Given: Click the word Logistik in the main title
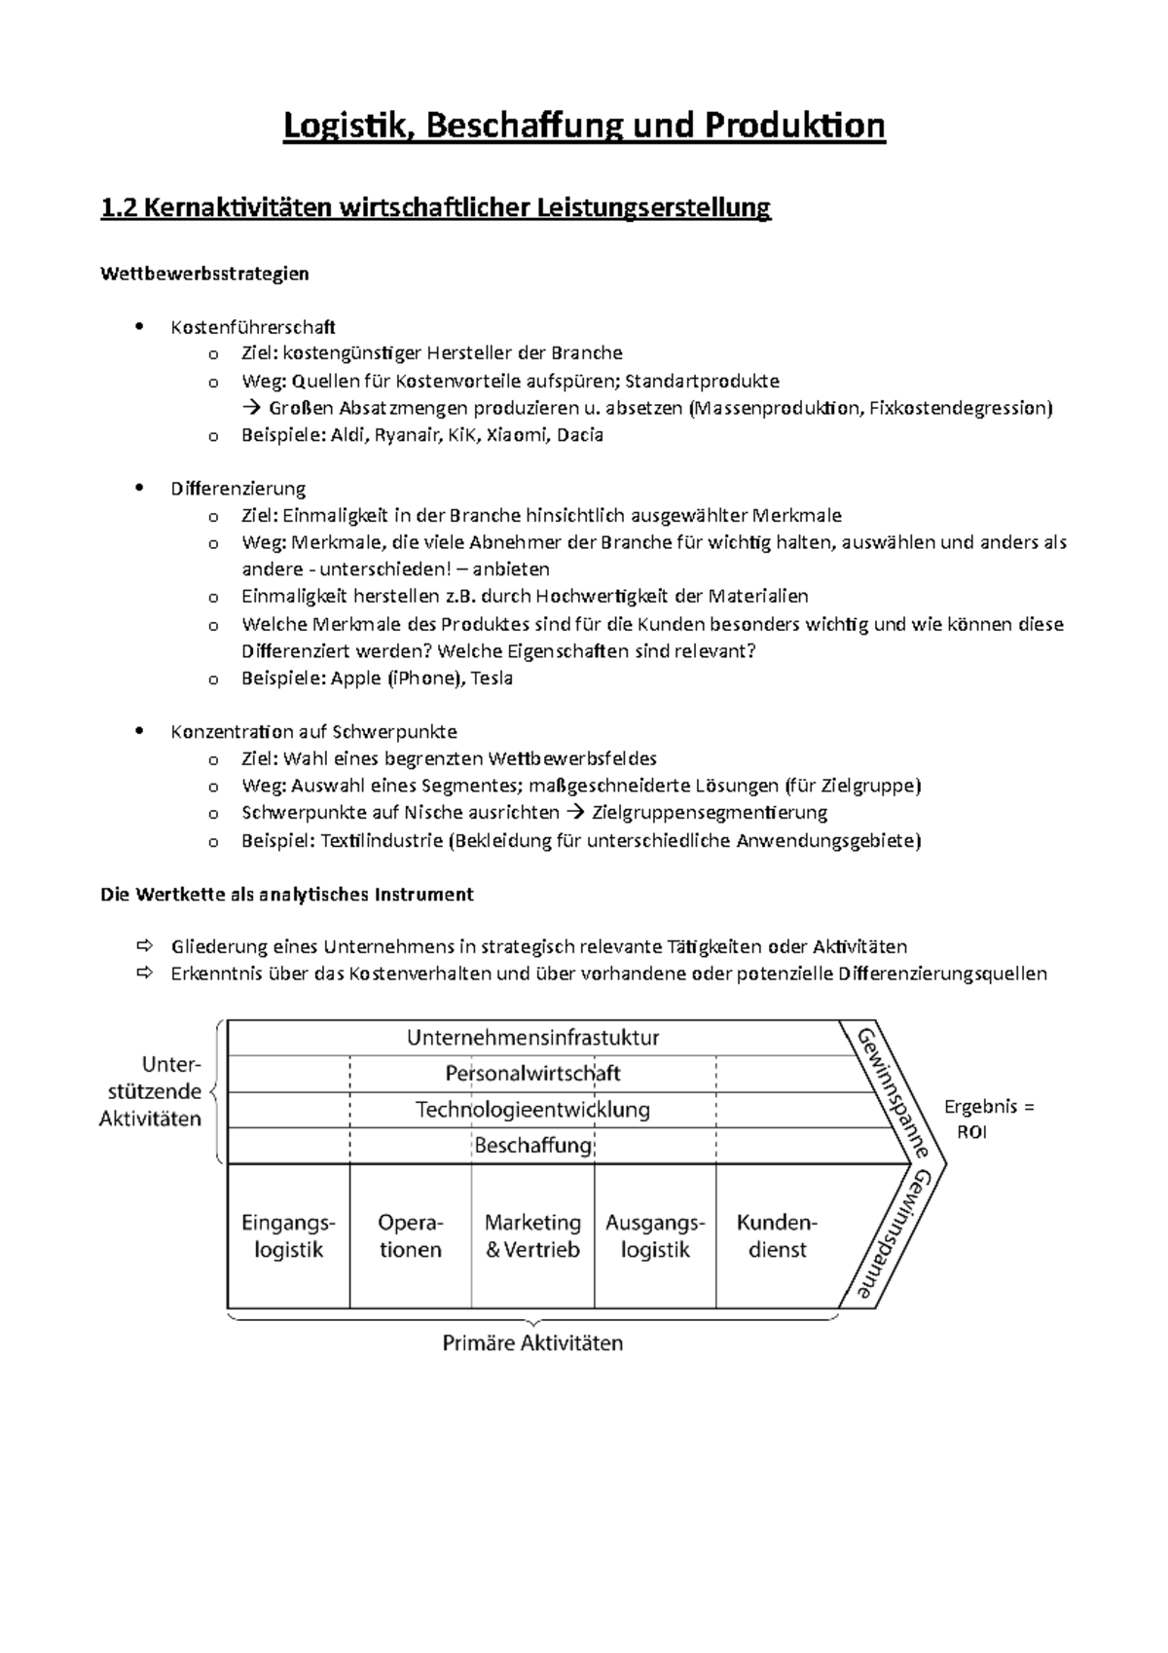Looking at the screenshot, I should point(341,127).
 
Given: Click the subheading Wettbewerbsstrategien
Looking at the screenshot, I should point(204,274).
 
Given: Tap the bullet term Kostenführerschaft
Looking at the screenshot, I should point(253,327).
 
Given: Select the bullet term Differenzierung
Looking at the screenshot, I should point(238,489).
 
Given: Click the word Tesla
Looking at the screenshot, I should point(492,679).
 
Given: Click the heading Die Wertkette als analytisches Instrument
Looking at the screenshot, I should point(287,895).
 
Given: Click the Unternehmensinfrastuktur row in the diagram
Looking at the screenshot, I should point(532,1038).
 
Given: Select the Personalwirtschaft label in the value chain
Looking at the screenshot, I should point(532,1074).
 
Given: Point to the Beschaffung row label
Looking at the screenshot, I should point(532,1146).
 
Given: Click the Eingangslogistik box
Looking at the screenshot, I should point(288,1236).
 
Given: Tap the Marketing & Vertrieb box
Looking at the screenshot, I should point(532,1236).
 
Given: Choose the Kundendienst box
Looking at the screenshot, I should point(777,1236).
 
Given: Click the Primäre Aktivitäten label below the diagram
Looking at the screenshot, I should point(532,1344).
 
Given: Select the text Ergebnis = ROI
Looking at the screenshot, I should point(988,1120).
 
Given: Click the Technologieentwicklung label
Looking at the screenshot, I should point(532,1110).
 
